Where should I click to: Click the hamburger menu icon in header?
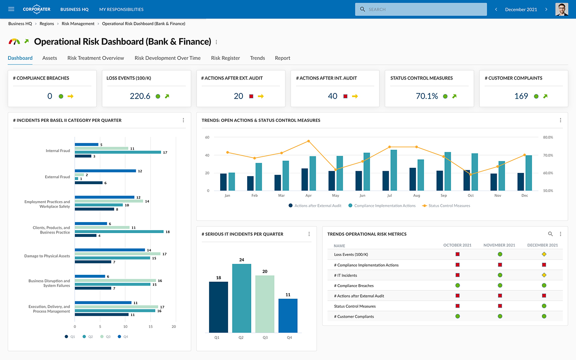[x=11, y=9]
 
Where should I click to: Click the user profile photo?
[x=562, y=9]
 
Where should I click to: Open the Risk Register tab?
[x=225, y=58]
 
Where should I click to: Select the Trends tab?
[x=257, y=58]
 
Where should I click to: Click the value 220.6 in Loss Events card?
[x=140, y=96]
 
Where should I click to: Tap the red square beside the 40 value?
[x=345, y=96]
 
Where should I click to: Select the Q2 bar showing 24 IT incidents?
[x=242, y=298]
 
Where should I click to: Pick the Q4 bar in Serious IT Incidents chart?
[x=288, y=315]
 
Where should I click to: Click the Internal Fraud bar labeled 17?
[x=118, y=152]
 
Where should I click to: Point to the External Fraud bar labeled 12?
[x=105, y=171]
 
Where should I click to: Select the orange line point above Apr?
[x=309, y=141]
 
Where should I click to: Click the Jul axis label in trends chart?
[x=389, y=196]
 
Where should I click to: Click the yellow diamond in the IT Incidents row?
[x=544, y=275]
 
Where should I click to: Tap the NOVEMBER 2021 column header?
[x=499, y=245]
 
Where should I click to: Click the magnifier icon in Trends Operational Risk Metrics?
[x=550, y=234]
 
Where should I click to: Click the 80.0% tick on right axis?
[x=548, y=137]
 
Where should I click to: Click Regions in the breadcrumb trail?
[x=47, y=24]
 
